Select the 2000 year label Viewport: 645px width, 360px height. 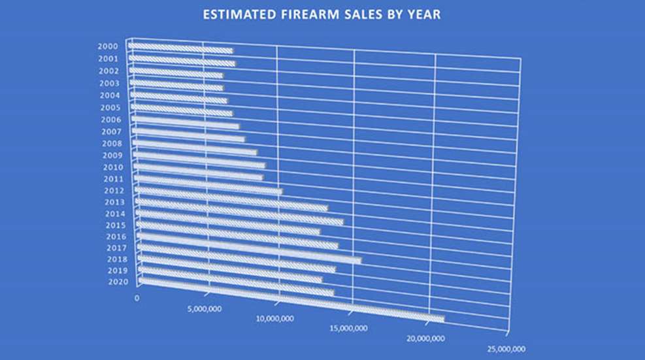tap(108, 47)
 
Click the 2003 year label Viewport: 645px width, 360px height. tap(108, 84)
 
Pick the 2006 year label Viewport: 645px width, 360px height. tap(110, 120)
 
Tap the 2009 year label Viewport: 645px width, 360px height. tap(112, 155)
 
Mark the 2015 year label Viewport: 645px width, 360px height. tap(115, 225)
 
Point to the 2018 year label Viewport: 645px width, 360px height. tap(117, 259)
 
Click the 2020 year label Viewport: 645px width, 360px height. tap(118, 282)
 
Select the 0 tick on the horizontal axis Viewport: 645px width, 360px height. tap(137, 298)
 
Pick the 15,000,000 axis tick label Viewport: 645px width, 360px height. tap(351, 329)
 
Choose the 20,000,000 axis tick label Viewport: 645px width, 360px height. tap(428, 338)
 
